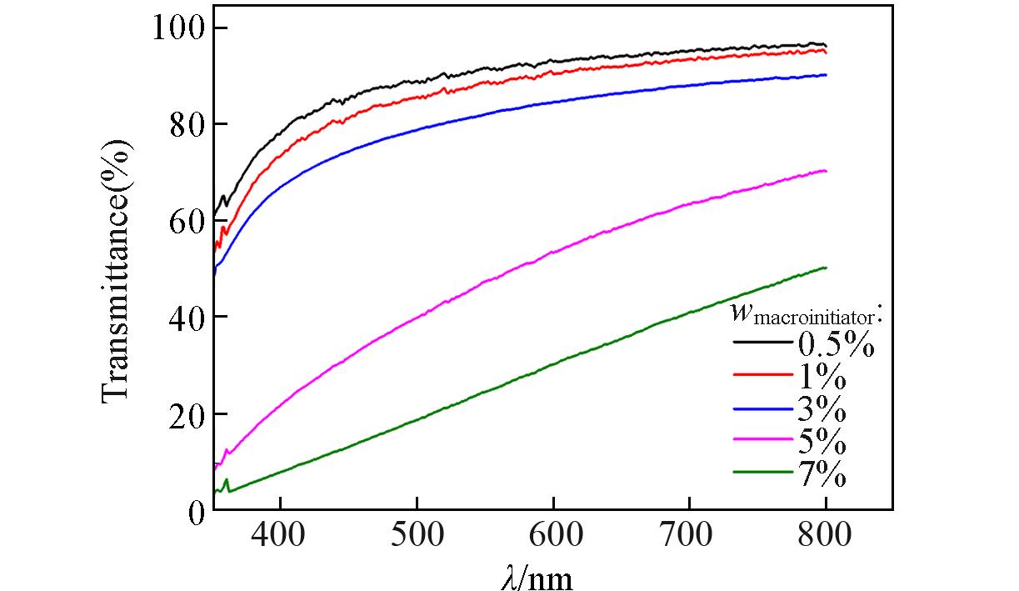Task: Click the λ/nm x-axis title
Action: tap(537, 576)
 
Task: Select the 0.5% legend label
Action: tap(836, 343)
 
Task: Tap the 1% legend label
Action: tap(822, 377)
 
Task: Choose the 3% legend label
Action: tap(822, 409)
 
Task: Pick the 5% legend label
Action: tap(822, 442)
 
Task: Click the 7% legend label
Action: tap(822, 474)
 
